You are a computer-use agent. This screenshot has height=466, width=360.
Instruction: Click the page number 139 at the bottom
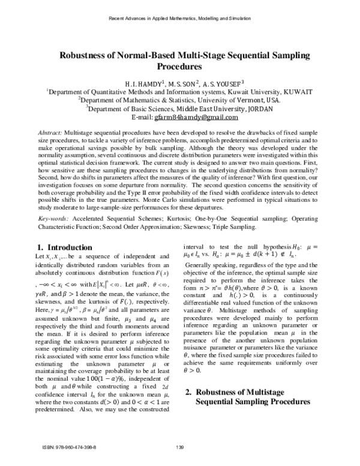click(x=180, y=447)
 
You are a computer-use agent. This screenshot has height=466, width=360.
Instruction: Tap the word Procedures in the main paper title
click(x=180, y=67)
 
